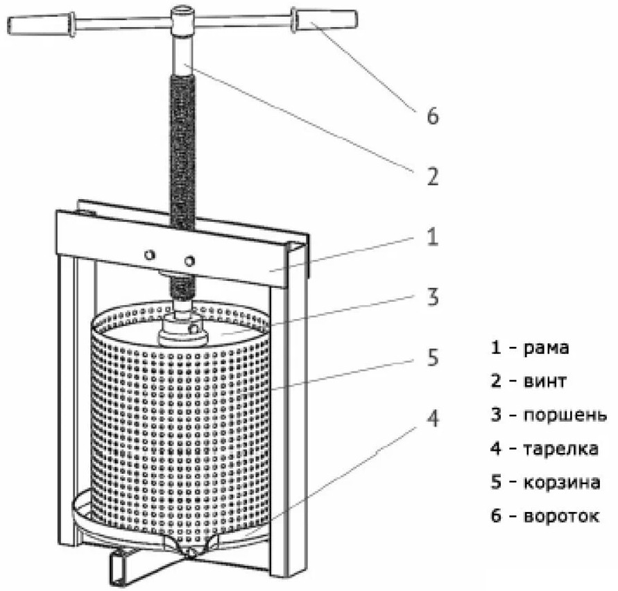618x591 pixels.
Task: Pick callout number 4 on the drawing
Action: point(432,420)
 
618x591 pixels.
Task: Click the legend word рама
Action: point(547,348)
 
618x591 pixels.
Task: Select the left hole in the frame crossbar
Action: point(149,256)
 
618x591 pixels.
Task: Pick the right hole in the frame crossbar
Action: point(189,261)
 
